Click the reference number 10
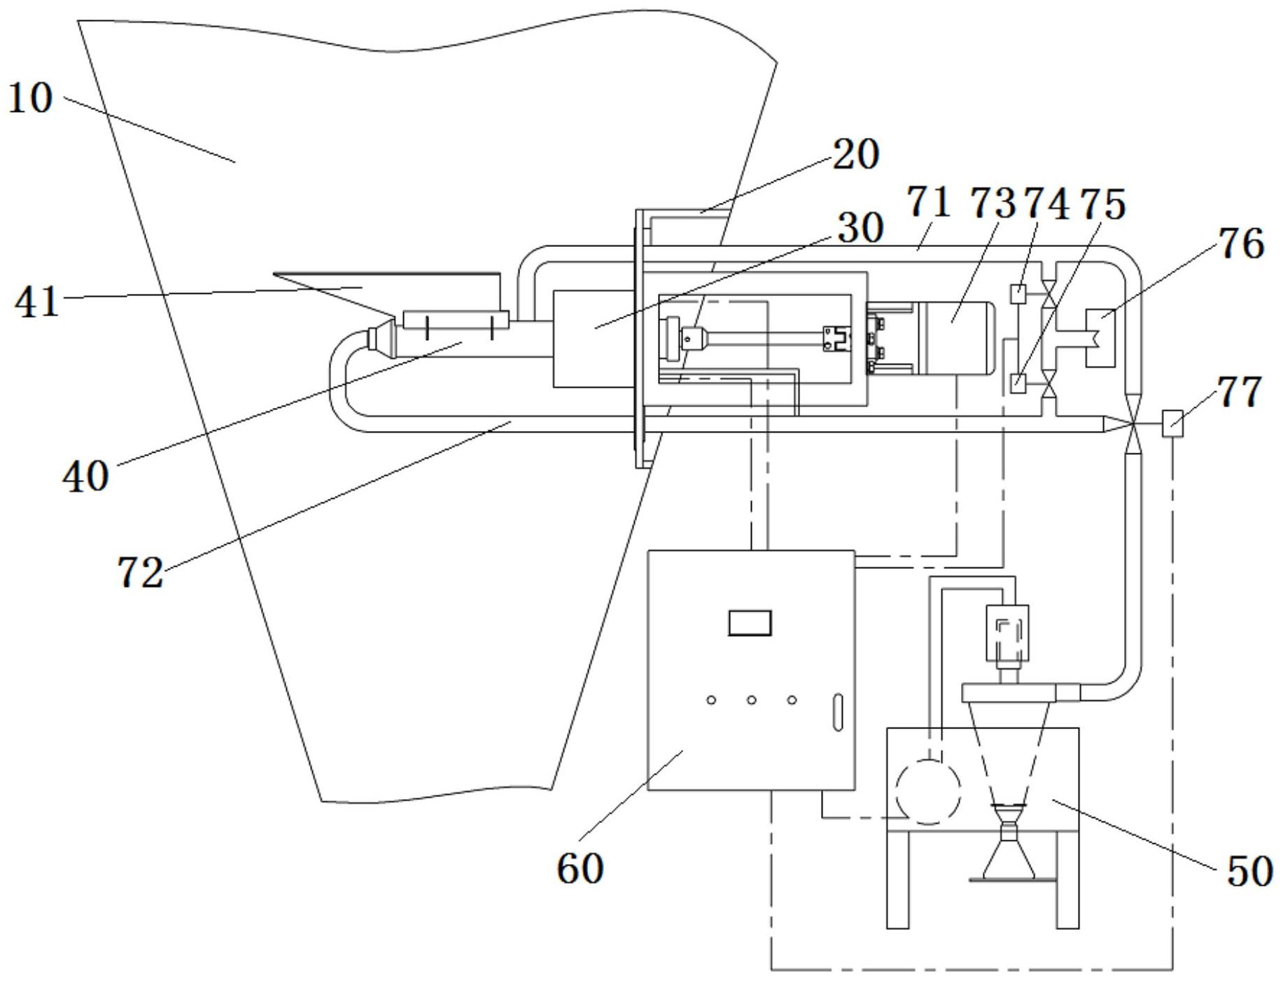pos(31,98)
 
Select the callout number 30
pos(862,227)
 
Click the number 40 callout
pos(85,477)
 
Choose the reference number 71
pos(930,204)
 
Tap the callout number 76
pos(1242,244)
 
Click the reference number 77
pos(1240,392)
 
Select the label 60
pos(580,868)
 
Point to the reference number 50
pos(1249,872)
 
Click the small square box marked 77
pos(1172,424)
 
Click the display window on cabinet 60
pos(750,622)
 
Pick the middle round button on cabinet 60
pos(751,700)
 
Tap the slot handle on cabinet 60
pos(838,712)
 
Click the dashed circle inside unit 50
pos(928,792)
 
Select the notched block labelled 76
pos(1100,339)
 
